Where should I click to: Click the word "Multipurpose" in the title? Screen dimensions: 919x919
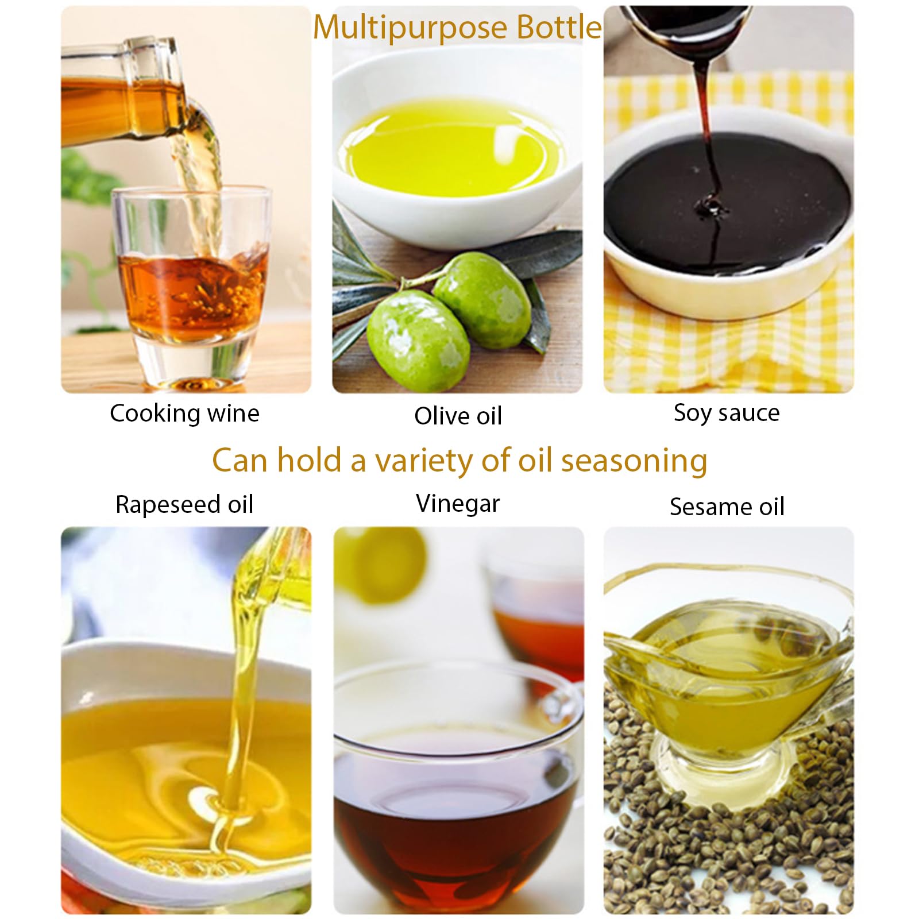coord(410,28)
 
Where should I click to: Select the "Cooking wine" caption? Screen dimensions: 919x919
coord(184,414)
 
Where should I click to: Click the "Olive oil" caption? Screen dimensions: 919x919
coord(458,416)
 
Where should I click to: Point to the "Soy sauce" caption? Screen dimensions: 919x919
coord(727,413)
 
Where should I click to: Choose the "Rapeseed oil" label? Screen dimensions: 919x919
coord(184,504)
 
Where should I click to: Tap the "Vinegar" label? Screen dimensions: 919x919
coord(458,504)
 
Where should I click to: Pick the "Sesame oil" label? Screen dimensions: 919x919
coord(727,507)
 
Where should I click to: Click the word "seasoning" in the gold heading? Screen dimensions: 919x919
coord(634,461)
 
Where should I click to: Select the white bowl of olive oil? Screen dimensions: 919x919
coord(454,161)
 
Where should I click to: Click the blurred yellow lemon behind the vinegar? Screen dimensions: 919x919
coord(382,566)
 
